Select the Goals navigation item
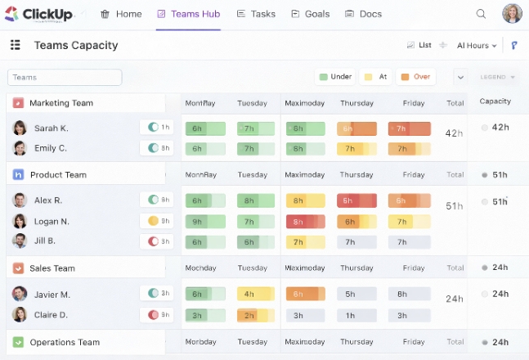[x=310, y=14]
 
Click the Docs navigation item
[x=363, y=14]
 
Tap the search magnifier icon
[x=481, y=14]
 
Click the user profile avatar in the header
[x=512, y=14]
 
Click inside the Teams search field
[x=65, y=77]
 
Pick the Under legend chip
[x=335, y=77]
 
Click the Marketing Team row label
[x=61, y=103]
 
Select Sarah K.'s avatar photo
[x=20, y=128]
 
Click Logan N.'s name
[x=52, y=221]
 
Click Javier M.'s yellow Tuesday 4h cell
[x=255, y=294]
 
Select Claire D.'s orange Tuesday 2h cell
[x=255, y=315]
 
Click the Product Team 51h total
[x=455, y=206]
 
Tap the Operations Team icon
[x=18, y=342]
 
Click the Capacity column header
[x=495, y=101]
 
